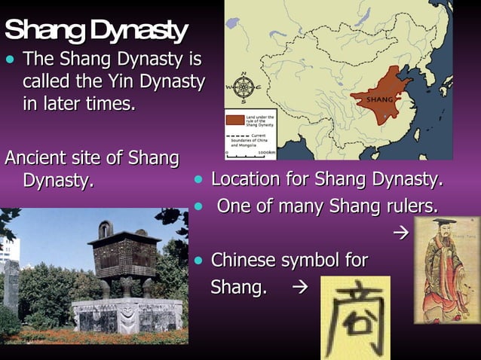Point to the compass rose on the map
(244, 88)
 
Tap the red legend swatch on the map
(235, 118)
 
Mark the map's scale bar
(245, 154)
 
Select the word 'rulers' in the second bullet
(413, 206)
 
